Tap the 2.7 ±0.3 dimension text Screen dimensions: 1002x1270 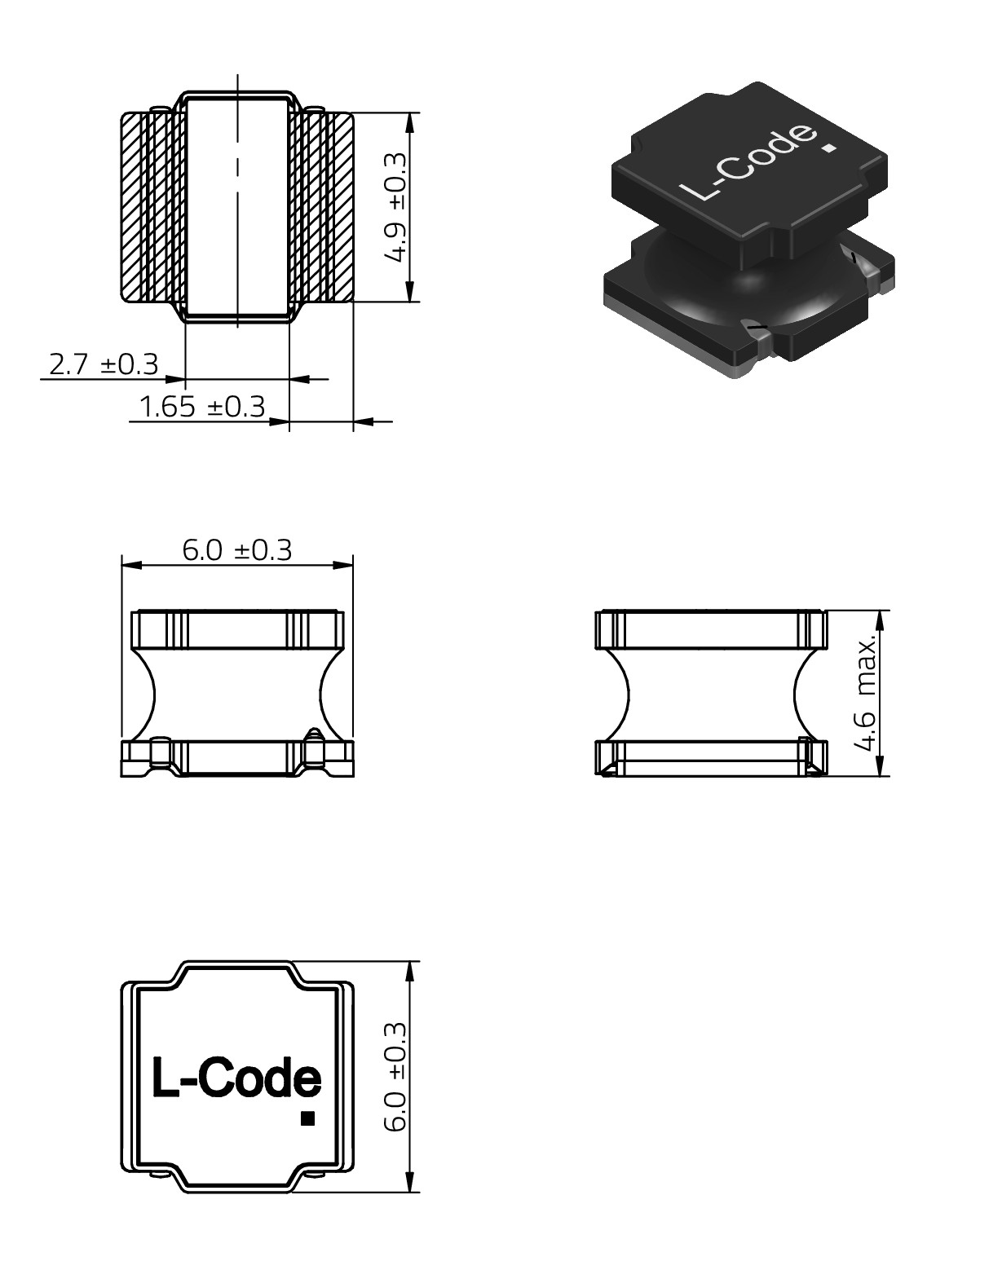tap(104, 364)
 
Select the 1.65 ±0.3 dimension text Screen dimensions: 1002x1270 tap(202, 407)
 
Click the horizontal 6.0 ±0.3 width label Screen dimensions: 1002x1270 tap(236, 550)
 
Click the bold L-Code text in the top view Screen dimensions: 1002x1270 tap(236, 1078)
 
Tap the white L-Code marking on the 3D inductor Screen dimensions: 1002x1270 tap(748, 163)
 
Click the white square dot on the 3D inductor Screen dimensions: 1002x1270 tap(831, 149)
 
